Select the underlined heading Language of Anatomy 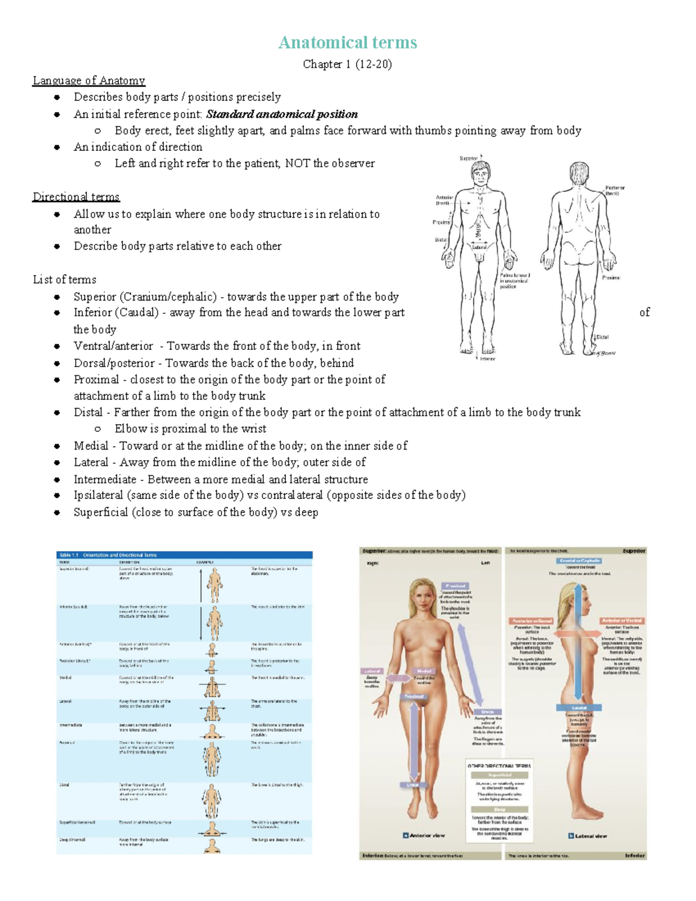(89, 81)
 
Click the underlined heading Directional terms (76, 197)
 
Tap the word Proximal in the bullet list (96, 379)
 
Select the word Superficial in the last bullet (100, 512)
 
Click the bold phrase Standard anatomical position (282, 114)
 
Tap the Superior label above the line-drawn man (469, 158)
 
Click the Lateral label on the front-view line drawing (479, 247)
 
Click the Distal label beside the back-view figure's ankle (603, 337)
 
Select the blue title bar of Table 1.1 (184, 555)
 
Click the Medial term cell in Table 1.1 (65, 678)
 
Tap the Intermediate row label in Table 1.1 (71, 725)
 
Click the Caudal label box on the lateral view (579, 708)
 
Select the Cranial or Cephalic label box (579, 561)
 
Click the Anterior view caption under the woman (427, 835)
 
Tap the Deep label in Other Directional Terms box (499, 809)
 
